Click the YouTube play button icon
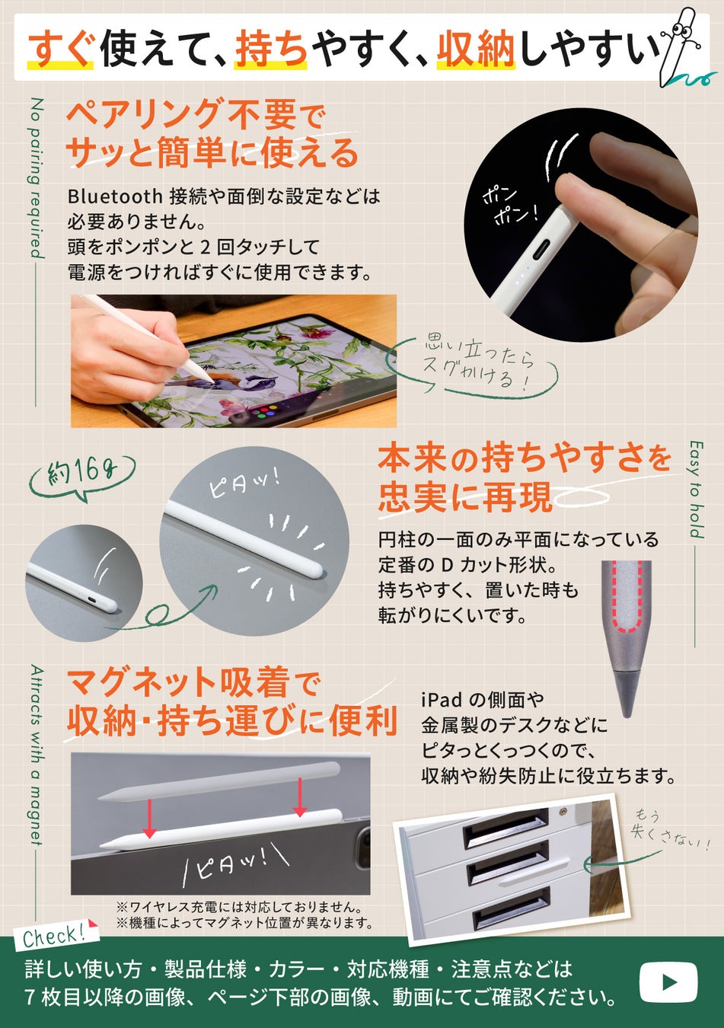point(668,982)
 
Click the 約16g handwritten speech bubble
point(82,477)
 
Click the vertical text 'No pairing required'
point(37,178)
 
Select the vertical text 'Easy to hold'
point(697,490)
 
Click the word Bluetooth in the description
point(115,196)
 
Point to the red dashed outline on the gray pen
point(627,598)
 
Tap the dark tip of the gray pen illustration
point(625,694)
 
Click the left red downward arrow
point(149,816)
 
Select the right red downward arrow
point(300,796)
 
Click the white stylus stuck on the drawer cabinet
point(534,871)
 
